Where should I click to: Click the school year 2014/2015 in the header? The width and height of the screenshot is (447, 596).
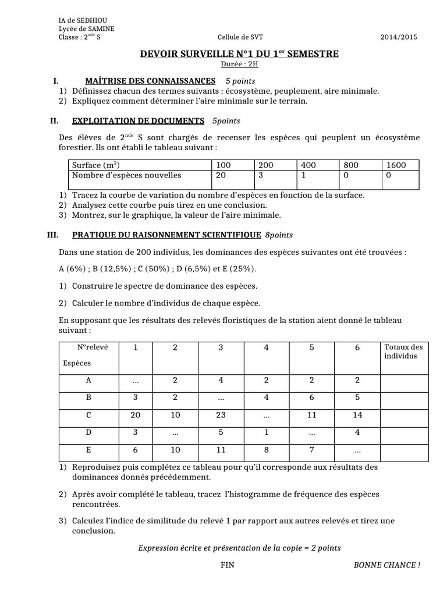[x=399, y=37]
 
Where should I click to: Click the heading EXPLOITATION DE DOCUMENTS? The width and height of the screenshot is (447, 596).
[x=138, y=121]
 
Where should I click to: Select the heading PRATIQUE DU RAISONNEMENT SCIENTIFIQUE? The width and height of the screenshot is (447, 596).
[x=166, y=235]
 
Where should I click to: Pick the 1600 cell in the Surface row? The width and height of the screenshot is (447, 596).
[x=396, y=165]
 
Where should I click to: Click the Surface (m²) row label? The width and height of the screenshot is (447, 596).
[x=97, y=165]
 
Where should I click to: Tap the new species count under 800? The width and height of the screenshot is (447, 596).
[x=347, y=175]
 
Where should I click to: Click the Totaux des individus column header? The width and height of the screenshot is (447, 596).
[x=404, y=352]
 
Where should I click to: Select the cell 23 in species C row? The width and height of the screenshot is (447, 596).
[x=221, y=416]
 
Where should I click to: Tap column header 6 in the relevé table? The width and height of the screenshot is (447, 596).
[x=357, y=348]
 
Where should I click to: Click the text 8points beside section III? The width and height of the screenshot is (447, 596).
[x=279, y=235]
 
